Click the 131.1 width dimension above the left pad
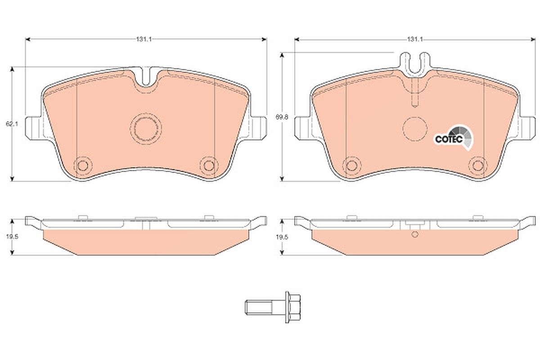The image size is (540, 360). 144,39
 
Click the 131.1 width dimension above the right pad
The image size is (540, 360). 415,39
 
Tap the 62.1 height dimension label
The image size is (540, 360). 12,124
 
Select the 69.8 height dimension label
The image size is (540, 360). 282,117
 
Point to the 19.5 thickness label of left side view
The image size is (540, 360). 12,237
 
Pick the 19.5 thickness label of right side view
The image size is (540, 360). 282,237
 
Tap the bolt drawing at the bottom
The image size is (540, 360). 273,307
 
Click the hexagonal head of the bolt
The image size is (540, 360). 295,307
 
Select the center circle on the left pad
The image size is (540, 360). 146,129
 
